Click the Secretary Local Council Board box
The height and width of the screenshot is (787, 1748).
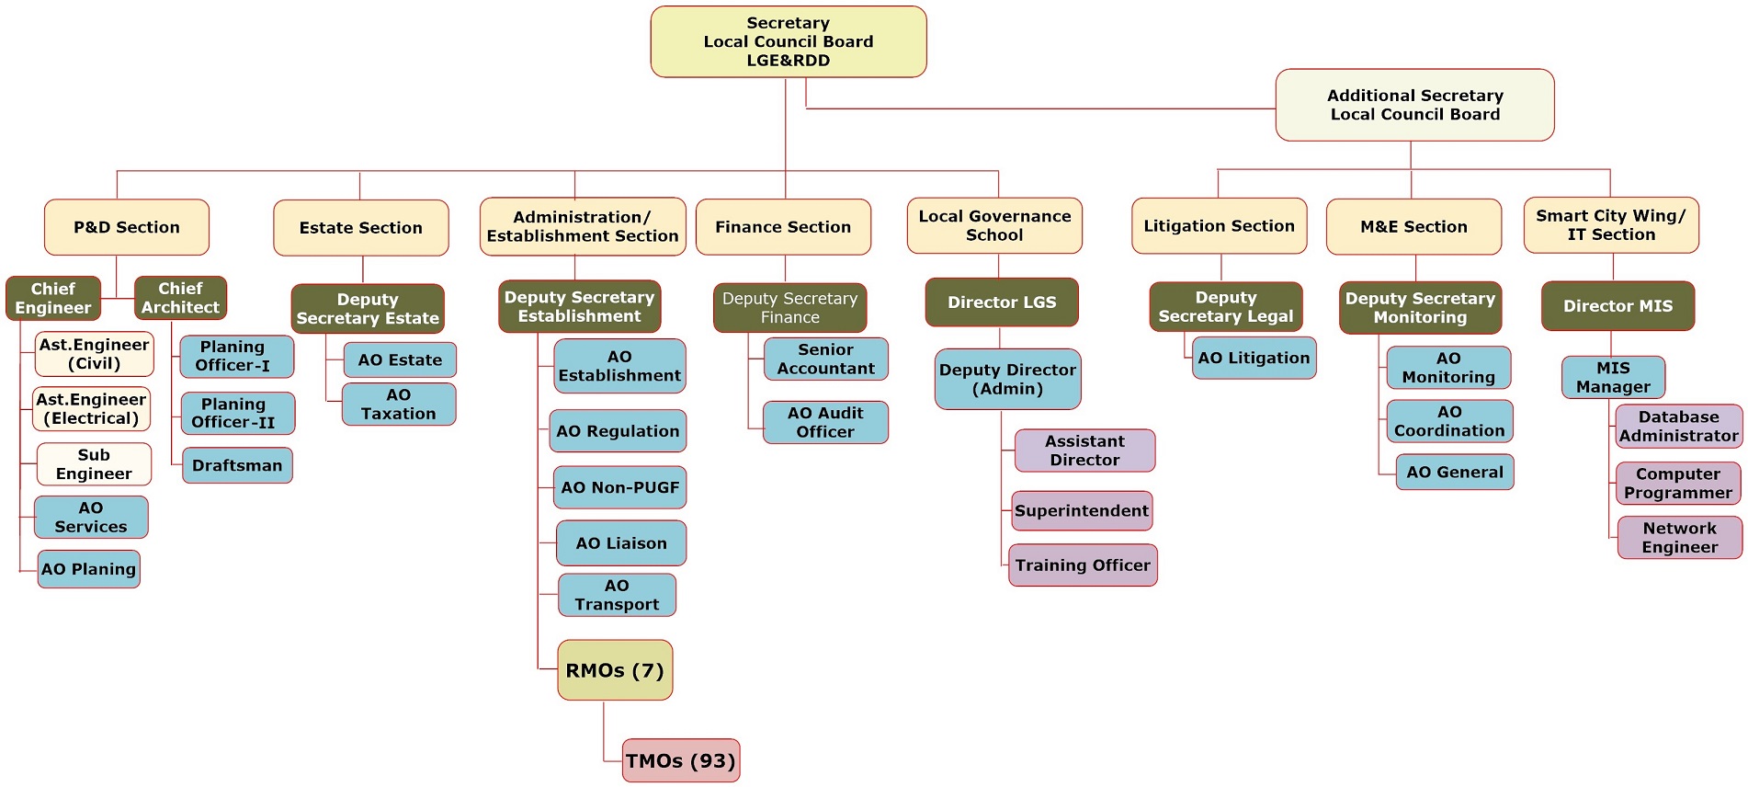pyautogui.click(x=788, y=41)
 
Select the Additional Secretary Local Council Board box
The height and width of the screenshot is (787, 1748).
pyautogui.click(x=1414, y=105)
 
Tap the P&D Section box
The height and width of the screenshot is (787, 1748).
pyautogui.click(x=127, y=227)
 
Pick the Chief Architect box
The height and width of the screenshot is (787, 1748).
pyautogui.click(x=180, y=298)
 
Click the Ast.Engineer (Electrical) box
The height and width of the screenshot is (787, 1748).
pyautogui.click(x=91, y=409)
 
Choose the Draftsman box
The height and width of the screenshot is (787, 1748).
pyautogui.click(x=237, y=465)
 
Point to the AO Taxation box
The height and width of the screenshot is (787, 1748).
pyautogui.click(x=399, y=405)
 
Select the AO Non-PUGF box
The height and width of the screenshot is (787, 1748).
pyautogui.click(x=619, y=487)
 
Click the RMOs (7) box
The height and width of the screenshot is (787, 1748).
pyautogui.click(x=615, y=670)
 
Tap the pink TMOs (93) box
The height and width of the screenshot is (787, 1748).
pyautogui.click(x=680, y=760)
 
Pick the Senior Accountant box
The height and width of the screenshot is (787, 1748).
pyautogui.click(x=825, y=359)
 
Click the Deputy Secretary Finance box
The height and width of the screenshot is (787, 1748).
pyautogui.click(x=789, y=308)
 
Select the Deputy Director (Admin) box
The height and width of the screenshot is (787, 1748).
pyautogui.click(x=1007, y=379)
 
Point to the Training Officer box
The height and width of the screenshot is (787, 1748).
pyautogui.click(x=1083, y=565)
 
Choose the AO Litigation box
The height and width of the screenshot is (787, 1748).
pyautogui.click(x=1254, y=359)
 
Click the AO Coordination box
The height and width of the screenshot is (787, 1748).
pyautogui.click(x=1449, y=421)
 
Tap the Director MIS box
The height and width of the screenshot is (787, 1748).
pyautogui.click(x=1617, y=306)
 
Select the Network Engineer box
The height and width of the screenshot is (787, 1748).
pyautogui.click(x=1679, y=538)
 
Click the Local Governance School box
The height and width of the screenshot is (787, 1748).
pyautogui.click(x=994, y=225)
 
